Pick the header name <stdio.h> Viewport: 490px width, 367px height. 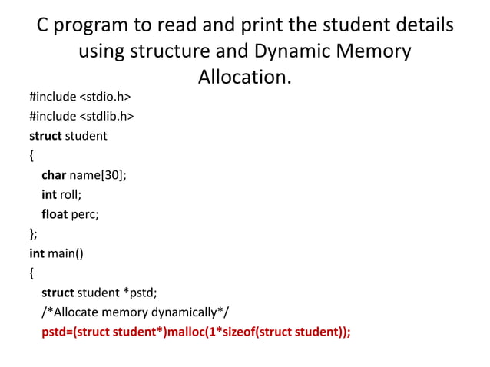point(104,98)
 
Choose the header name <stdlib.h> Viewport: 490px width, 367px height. point(107,117)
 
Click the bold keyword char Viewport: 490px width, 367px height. point(54,175)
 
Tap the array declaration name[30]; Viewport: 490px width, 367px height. point(98,175)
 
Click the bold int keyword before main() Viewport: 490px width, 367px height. point(37,253)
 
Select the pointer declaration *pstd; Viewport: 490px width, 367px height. point(142,292)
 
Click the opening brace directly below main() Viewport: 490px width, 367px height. point(31,272)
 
